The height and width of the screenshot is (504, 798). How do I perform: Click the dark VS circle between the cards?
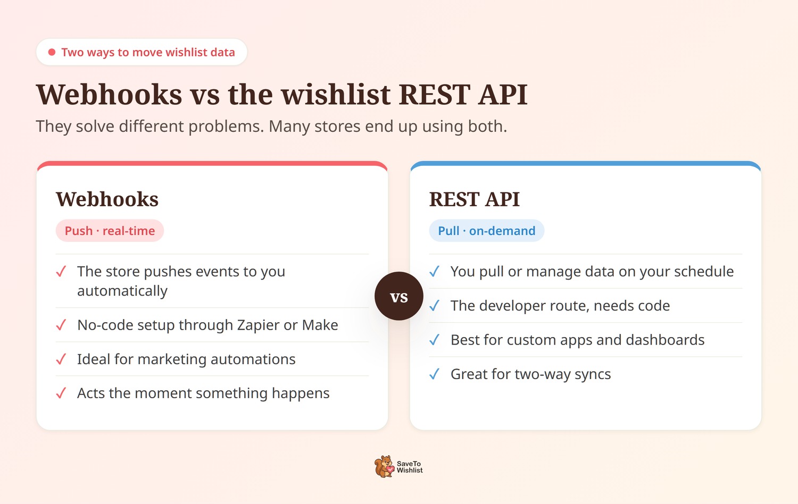pyautogui.click(x=398, y=296)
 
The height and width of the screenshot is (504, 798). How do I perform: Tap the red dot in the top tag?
pyautogui.click(x=52, y=52)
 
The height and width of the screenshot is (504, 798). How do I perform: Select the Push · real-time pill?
pyautogui.click(x=110, y=231)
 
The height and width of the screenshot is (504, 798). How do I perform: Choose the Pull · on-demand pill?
pyautogui.click(x=487, y=231)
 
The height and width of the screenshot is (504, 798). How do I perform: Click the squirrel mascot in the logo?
pyautogui.click(x=384, y=467)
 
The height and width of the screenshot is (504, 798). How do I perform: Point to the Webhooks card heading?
pyautogui.click(x=107, y=199)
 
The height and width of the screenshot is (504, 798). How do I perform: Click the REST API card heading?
pyautogui.click(x=475, y=199)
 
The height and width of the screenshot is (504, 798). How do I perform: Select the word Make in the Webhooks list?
pyautogui.click(x=320, y=325)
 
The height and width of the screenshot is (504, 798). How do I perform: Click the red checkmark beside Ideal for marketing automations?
pyautogui.click(x=61, y=359)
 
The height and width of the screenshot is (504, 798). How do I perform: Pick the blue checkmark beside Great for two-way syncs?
pyautogui.click(x=434, y=374)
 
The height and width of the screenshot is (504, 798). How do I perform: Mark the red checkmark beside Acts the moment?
pyautogui.click(x=61, y=393)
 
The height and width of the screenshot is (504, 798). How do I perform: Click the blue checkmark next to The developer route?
pyautogui.click(x=434, y=306)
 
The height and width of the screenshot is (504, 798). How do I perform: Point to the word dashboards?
pyautogui.click(x=665, y=340)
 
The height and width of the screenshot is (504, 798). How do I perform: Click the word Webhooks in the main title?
pyautogui.click(x=110, y=95)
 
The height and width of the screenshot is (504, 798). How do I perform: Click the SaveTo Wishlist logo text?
pyautogui.click(x=410, y=467)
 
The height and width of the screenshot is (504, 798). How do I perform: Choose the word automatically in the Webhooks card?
pyautogui.click(x=122, y=291)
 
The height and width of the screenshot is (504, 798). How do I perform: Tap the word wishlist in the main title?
pyautogui.click(x=336, y=95)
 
